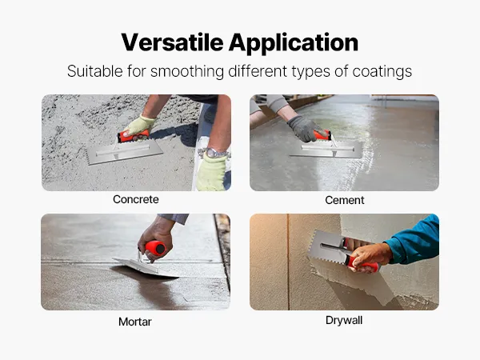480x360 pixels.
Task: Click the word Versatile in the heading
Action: [172, 42]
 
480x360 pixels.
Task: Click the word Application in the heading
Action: [294, 43]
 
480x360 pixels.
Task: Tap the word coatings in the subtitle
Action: [382, 72]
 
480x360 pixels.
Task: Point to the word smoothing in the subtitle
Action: [187, 72]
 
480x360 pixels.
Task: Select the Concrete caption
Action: [136, 199]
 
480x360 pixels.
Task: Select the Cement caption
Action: [344, 200]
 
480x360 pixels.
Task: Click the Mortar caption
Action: [135, 322]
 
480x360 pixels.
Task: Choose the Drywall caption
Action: [344, 321]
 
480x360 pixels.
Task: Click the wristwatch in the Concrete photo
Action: [214, 153]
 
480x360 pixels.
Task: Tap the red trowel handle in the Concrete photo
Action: [134, 136]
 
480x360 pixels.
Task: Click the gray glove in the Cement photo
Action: [305, 129]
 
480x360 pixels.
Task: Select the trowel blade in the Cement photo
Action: [326, 150]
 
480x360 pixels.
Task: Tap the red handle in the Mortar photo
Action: [155, 248]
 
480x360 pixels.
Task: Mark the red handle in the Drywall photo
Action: [362, 263]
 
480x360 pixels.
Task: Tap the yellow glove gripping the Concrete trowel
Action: [139, 126]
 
